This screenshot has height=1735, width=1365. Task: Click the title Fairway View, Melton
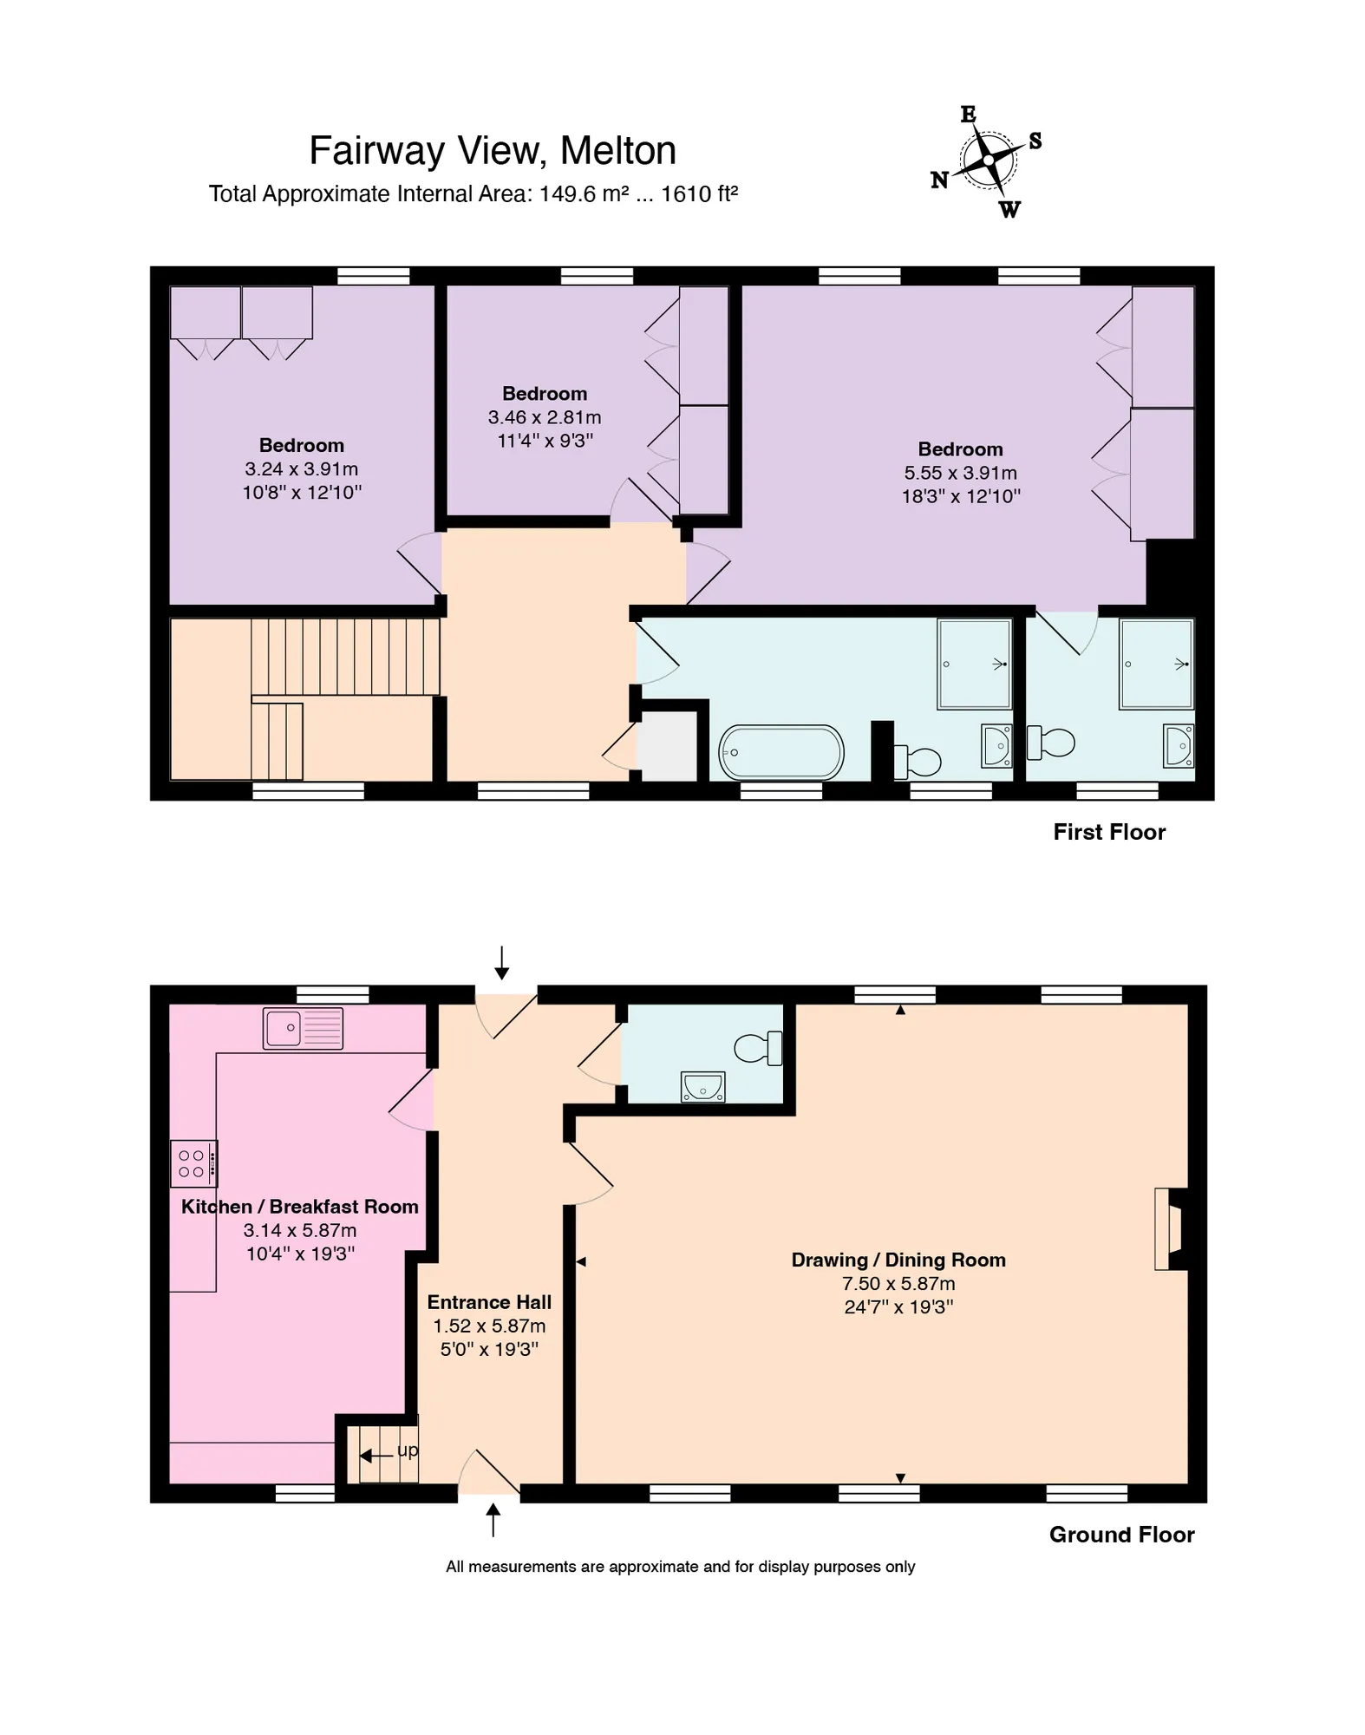tap(493, 151)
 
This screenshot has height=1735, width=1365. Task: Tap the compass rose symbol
tap(988, 161)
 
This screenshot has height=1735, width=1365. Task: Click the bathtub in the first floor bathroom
tap(781, 752)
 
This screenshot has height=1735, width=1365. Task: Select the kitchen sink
tap(303, 1028)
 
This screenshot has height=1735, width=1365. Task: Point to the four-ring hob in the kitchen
tap(193, 1163)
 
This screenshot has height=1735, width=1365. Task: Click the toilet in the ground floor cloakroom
tap(758, 1048)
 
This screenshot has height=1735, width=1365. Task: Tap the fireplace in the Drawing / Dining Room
tap(1170, 1228)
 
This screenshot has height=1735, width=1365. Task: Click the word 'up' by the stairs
tap(408, 1450)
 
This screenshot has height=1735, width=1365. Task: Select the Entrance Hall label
tap(489, 1302)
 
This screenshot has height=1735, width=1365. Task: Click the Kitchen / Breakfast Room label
tap(300, 1207)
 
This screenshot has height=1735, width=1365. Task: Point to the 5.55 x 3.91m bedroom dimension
tap(961, 473)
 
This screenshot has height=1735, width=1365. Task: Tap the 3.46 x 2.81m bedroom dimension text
tap(545, 417)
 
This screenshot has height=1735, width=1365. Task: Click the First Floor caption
tap(1109, 832)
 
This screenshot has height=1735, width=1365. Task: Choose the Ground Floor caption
tap(1121, 1535)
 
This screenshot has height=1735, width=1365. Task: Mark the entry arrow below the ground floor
tap(493, 1520)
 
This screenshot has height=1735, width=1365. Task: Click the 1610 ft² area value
tap(699, 193)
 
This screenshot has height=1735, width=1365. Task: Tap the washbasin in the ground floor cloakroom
tap(702, 1086)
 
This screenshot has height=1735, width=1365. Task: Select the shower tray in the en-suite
tap(1156, 664)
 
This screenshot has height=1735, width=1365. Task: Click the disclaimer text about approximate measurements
tap(681, 1567)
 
